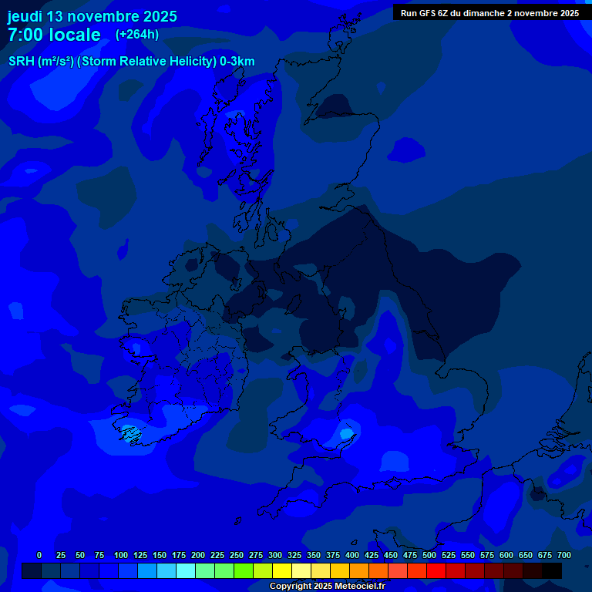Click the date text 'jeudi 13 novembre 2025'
pos(92,16)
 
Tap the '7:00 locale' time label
pos(54,35)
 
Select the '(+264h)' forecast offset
pos(137,35)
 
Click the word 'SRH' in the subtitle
pos(21,62)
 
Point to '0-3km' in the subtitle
pos(237,62)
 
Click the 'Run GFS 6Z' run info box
pos(489,13)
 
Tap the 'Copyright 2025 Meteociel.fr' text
pos(327,587)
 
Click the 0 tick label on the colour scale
pos(39,556)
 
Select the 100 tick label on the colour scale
pos(121,556)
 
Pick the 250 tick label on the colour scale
pos(237,556)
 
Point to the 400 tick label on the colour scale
pos(352,556)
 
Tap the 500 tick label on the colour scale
pos(429,556)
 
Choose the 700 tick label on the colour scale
pos(564,556)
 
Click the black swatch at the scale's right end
pos(552,571)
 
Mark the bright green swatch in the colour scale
pos(244,571)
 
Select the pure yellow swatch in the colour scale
pos(282,571)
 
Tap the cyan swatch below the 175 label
pos(186,571)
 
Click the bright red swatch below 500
pos(436,571)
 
